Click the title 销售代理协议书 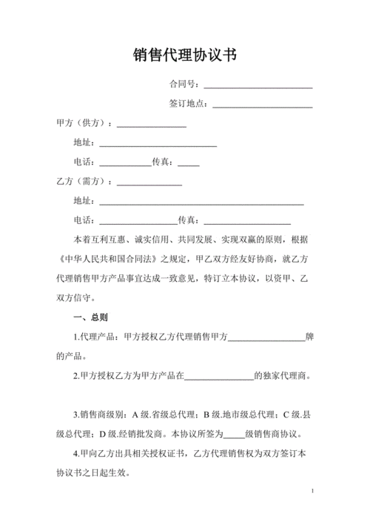click(x=185, y=56)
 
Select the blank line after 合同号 click(x=258, y=85)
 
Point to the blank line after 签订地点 click(x=262, y=105)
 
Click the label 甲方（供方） click(x=84, y=122)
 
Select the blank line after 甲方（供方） click(x=152, y=124)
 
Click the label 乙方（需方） click(x=84, y=181)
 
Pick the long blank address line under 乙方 click(x=201, y=202)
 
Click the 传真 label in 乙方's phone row click(x=189, y=220)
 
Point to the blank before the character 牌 click(x=267, y=338)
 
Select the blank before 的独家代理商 click(x=218, y=377)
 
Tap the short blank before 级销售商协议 click(x=234, y=435)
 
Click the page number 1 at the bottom click(x=314, y=492)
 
